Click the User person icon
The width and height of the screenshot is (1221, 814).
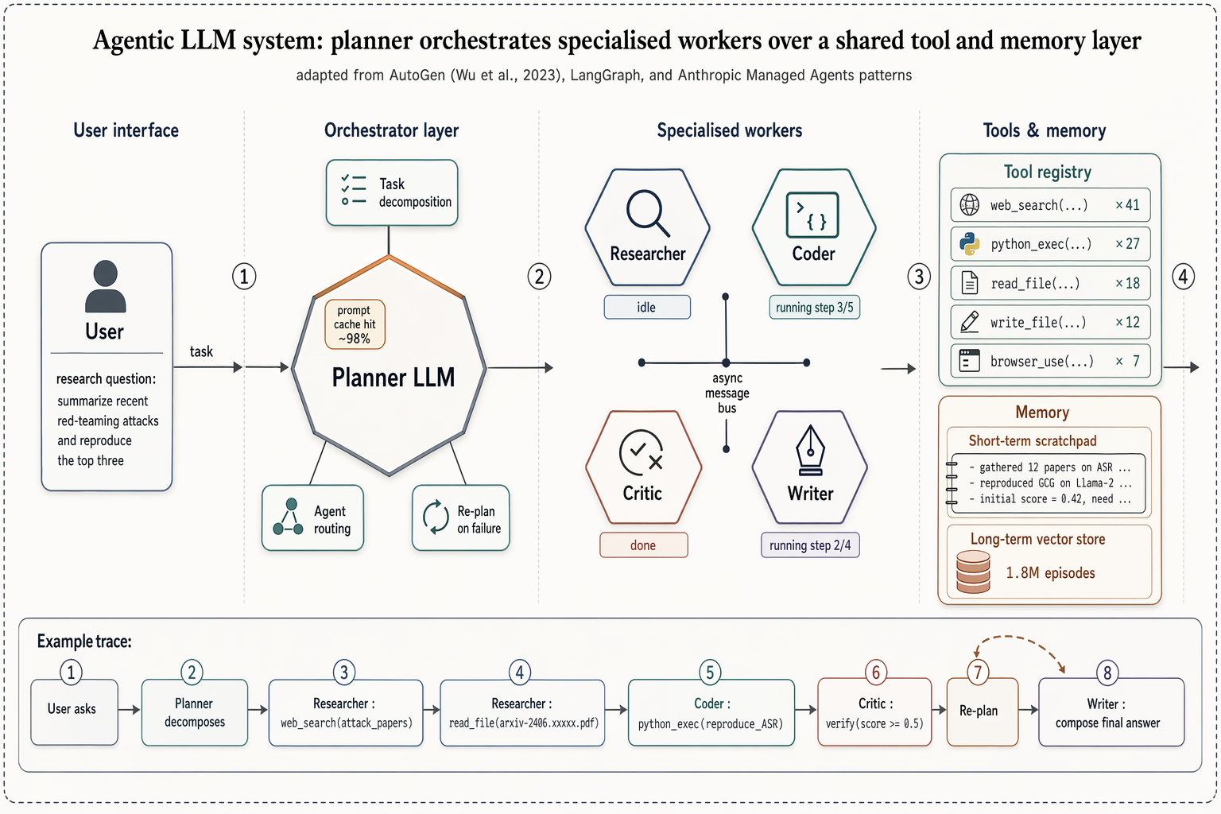coord(105,285)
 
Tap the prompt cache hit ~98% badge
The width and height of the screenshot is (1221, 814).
coord(355,324)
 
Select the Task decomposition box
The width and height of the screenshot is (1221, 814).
coord(392,193)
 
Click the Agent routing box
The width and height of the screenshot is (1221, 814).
coord(312,518)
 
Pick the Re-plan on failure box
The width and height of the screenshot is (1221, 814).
coord(460,518)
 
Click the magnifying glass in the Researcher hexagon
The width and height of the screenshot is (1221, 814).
coord(647,212)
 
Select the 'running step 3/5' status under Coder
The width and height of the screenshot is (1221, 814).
coord(814,308)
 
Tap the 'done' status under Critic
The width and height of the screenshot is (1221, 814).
coord(643,545)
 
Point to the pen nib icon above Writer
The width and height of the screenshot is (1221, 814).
coord(809,451)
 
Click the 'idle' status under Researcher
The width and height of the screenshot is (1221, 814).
coord(646,308)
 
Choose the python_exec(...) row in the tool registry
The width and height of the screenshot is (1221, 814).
coord(1049,244)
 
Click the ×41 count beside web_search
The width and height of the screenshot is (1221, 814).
coord(1127,205)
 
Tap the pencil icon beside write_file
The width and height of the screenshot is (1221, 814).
coord(970,322)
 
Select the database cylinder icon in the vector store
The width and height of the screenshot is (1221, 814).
coord(973,572)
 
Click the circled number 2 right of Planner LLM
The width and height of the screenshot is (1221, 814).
coord(539,277)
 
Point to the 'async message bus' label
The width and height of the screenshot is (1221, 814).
coord(727,393)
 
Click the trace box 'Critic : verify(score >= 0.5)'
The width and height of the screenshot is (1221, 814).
coord(874,712)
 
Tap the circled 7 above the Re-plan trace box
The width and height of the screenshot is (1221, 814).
coord(978,673)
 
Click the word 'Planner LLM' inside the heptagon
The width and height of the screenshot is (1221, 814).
coord(393,378)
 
